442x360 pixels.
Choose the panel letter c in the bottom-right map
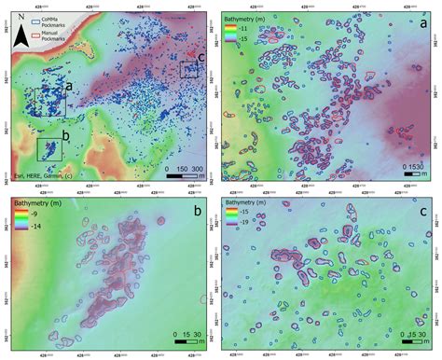coord(423,212)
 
